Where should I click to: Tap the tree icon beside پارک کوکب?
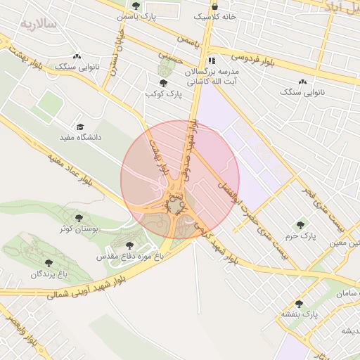pyautogui.click(x=164, y=83)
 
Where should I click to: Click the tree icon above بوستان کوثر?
pyautogui.click(x=79, y=218)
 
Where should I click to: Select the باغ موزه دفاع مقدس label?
pyautogui.click(x=131, y=257)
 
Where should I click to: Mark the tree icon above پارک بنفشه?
pyautogui.click(x=299, y=304)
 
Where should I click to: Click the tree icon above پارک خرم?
pyautogui.click(x=301, y=225)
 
